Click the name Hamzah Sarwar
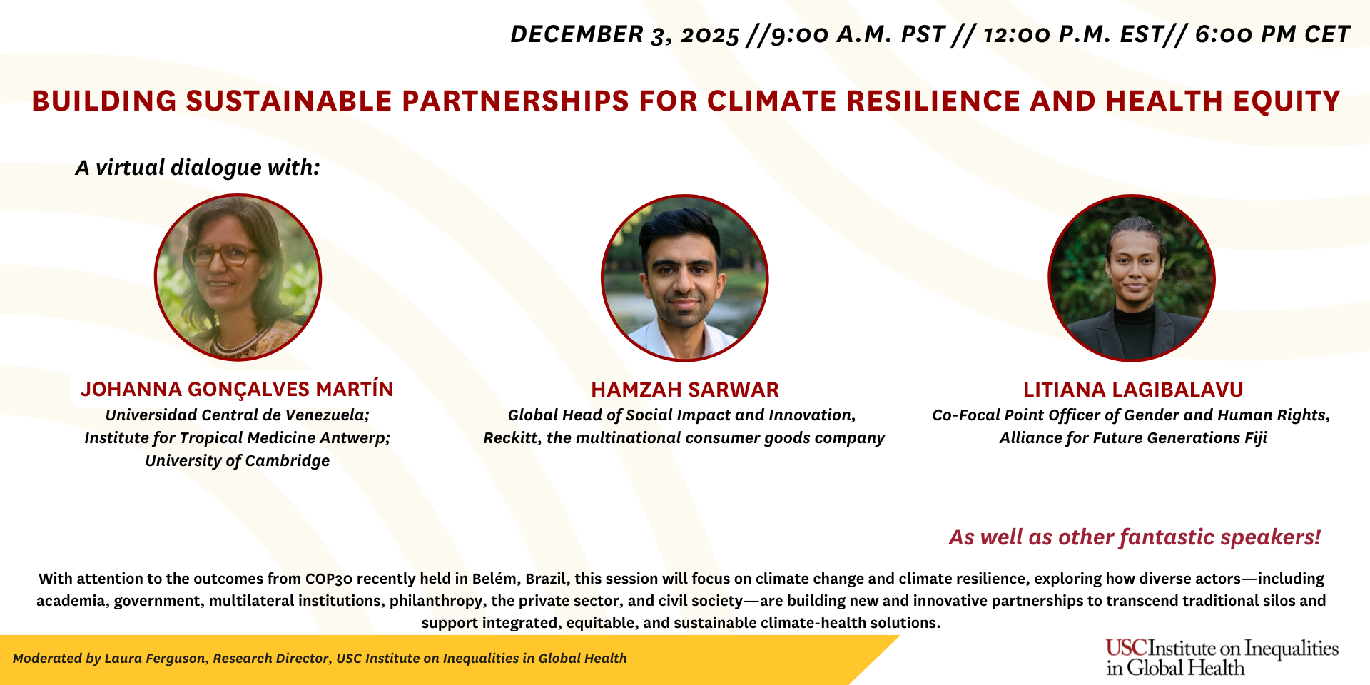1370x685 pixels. pos(684,390)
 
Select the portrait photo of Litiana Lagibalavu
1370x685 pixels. pos(1132,278)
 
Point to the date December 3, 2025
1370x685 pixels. pos(624,34)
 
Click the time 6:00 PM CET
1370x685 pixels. pos(1272,34)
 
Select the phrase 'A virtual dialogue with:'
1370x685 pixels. pos(198,168)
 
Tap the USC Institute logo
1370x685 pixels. pos(1221,657)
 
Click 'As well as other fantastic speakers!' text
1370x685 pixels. pos(1135,537)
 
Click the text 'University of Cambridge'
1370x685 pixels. pos(237,461)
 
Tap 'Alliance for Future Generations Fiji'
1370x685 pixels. pos(1132,438)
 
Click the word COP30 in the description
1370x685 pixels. pos(329,579)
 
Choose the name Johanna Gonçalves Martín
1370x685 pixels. pos(237,390)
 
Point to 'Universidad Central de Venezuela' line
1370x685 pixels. pos(237,415)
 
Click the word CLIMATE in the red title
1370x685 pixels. pos(771,101)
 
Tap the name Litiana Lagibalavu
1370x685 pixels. pos(1132,390)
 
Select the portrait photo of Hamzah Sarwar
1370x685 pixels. pos(684,278)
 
